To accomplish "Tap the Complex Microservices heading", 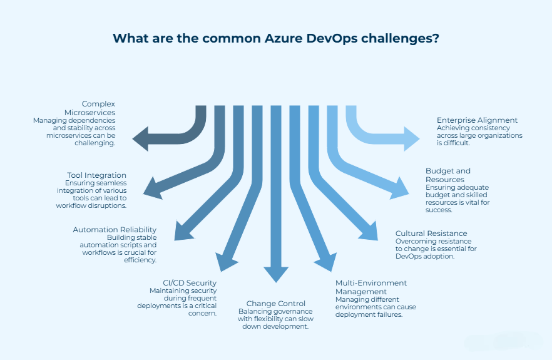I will coord(98,108).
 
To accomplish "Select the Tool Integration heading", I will coord(96,175).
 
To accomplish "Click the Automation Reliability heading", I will coord(115,230).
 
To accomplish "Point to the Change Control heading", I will coord(275,304).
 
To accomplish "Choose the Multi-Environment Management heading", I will coord(371,287).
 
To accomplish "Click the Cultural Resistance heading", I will coord(431,234).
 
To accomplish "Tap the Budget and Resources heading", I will coord(448,175).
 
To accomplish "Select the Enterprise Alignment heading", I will coord(477,120).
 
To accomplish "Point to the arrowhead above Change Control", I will coord(276,274).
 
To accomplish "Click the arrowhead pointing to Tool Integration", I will coord(152,186).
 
